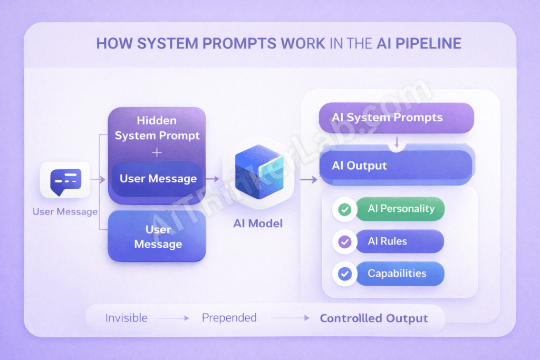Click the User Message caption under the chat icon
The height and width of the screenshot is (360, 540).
(65, 212)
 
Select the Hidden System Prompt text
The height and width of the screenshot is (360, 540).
(157, 128)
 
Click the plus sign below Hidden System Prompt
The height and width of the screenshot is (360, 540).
(157, 152)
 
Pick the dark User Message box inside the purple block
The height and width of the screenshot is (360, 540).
(158, 179)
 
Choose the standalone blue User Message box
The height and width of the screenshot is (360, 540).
(157, 237)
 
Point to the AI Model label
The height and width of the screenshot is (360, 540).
(258, 223)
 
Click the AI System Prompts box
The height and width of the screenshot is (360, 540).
(397, 117)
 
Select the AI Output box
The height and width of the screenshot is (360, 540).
(397, 166)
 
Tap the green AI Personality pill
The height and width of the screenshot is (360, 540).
(401, 209)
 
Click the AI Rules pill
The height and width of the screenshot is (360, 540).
(400, 241)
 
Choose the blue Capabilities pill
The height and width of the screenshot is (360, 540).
(400, 274)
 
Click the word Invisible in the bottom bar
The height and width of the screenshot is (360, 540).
(127, 318)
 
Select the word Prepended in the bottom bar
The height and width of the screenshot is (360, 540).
(229, 318)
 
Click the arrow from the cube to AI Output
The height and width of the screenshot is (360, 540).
(308, 180)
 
